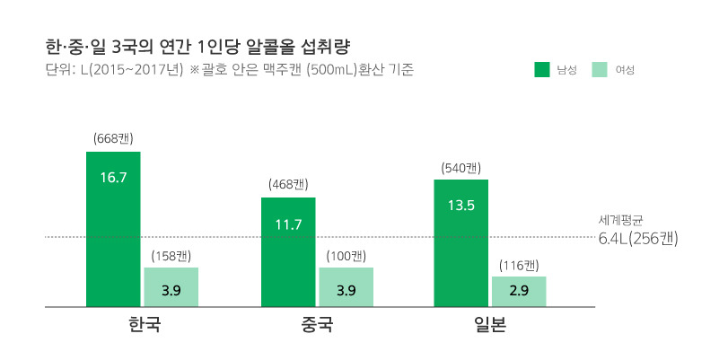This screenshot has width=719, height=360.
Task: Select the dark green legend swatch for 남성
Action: [x=541, y=69]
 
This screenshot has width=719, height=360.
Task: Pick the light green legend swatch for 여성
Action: [x=600, y=69]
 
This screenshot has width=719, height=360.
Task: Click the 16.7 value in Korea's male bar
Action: [x=113, y=178]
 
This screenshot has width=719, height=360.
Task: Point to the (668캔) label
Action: [x=113, y=138]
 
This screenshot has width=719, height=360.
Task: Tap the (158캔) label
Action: [x=171, y=255]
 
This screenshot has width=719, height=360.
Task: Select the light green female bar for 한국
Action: [x=171, y=287]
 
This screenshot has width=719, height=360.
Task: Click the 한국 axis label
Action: [x=144, y=324]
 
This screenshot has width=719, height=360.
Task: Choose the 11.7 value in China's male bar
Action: [x=288, y=224]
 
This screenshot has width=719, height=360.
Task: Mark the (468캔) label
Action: [x=288, y=184]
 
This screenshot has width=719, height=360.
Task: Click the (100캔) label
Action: [x=346, y=255]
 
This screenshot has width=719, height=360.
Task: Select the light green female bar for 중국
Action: [x=346, y=287]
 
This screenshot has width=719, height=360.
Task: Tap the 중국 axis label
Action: [x=318, y=324]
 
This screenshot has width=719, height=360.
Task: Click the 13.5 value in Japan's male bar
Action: [x=460, y=206]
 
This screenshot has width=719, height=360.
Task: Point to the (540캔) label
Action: [x=460, y=167]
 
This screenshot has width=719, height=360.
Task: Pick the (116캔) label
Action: [x=519, y=264]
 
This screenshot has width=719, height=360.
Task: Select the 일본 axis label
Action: [x=489, y=324]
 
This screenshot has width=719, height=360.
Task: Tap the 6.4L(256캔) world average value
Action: [x=637, y=239]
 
